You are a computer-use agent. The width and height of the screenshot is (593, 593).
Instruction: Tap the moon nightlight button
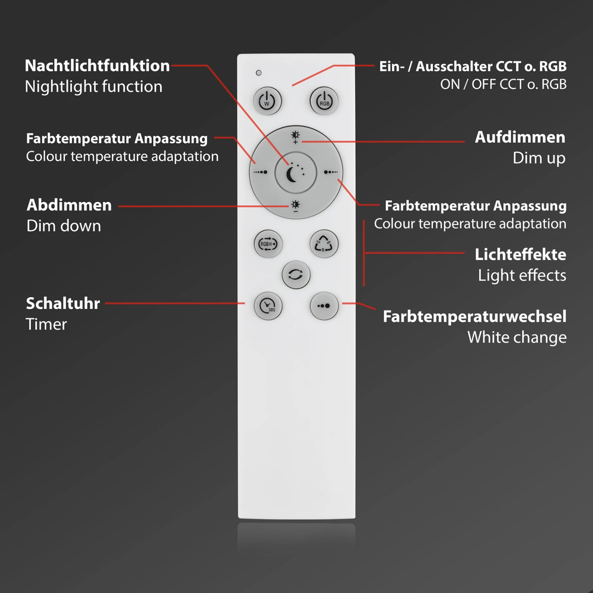[x=296, y=173]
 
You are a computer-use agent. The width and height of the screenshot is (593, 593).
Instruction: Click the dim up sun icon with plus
[x=295, y=137]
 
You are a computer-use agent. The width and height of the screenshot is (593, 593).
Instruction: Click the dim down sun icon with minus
[x=295, y=206]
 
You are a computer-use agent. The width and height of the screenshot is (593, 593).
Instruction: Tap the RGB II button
[x=268, y=244]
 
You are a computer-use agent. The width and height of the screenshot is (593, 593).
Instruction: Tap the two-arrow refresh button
[x=296, y=274]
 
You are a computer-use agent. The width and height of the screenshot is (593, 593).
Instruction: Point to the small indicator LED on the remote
[x=259, y=73]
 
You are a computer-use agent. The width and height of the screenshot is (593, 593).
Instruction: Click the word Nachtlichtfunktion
[x=97, y=66]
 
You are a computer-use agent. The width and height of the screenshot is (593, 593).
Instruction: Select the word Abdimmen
[x=69, y=205]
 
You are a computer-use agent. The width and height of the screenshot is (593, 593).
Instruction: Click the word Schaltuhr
[x=63, y=303]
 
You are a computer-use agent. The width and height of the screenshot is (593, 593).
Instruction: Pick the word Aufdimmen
[x=520, y=137]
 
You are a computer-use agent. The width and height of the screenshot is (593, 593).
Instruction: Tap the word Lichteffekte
[x=521, y=255]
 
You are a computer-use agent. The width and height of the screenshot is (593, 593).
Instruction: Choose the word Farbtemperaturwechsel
[x=475, y=316]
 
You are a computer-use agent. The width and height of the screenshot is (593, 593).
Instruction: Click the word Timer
[x=46, y=324]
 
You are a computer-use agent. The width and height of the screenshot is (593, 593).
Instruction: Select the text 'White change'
[x=517, y=338]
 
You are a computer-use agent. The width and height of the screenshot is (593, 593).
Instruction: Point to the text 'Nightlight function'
[x=94, y=87]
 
